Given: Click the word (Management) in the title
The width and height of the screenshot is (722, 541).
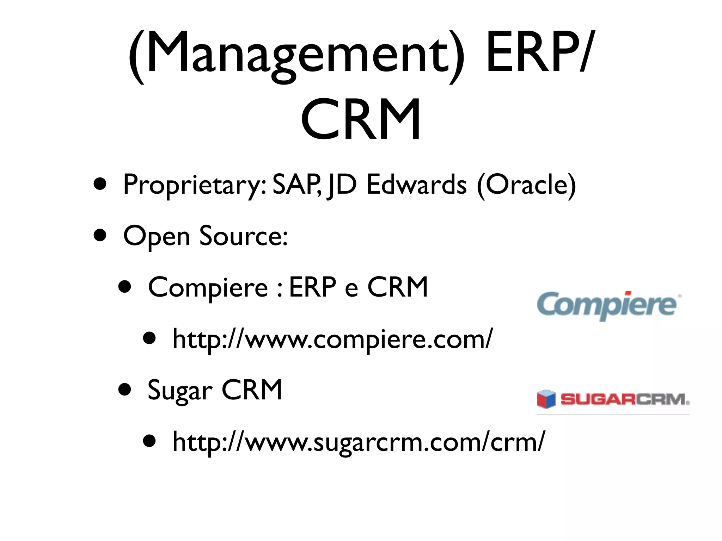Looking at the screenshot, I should point(296,53).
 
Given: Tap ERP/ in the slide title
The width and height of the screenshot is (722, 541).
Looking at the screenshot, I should point(539,53).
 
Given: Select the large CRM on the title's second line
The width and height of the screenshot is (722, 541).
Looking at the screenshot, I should point(361,120).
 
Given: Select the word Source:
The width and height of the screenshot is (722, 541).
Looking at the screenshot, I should point(244,236).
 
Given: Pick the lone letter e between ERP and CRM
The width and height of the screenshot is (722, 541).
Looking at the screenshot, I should point(351,289).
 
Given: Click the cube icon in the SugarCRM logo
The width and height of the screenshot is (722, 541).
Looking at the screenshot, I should point(546,399).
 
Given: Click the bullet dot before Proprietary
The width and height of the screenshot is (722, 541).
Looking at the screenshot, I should point(100,184).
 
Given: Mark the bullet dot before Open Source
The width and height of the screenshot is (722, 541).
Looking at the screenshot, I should point(100,235).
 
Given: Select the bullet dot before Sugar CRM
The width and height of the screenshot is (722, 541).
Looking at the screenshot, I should point(125,390).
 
